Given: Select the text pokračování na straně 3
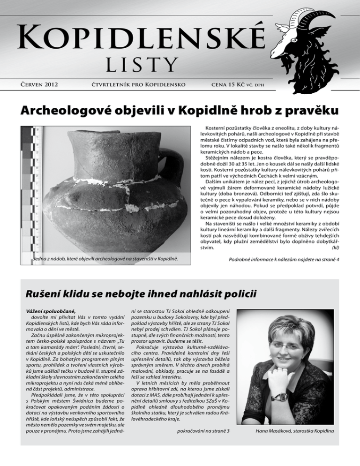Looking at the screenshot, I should (207, 429).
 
